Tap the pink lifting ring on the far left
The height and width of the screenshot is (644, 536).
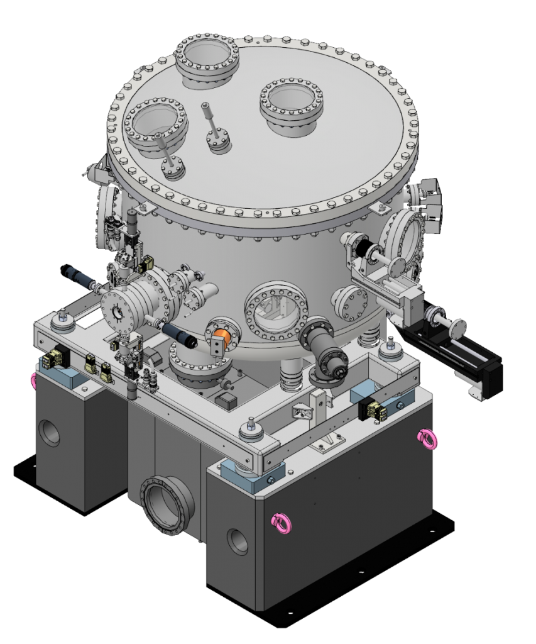[x=34, y=379]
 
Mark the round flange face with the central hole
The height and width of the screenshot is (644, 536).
[x=120, y=311]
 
